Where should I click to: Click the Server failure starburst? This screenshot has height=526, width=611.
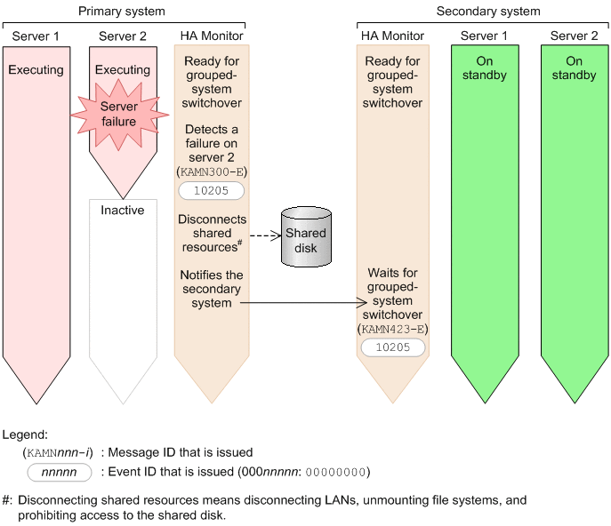point(118,114)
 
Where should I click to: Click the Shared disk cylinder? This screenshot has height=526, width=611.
point(305,239)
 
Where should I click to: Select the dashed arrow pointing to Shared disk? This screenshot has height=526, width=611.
point(263,236)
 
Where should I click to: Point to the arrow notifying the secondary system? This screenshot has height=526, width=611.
point(302,303)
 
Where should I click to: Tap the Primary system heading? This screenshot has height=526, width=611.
point(122,12)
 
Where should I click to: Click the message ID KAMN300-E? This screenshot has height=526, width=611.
point(211,171)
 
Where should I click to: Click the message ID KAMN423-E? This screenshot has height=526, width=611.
point(392,328)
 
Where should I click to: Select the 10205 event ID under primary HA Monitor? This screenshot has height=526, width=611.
point(211,191)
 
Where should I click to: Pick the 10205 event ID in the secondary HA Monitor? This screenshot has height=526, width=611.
point(392,347)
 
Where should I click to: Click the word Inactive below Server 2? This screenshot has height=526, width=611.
point(123,211)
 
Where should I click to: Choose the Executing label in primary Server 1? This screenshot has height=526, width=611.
point(36,69)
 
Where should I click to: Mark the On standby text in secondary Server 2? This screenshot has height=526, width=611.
point(574,68)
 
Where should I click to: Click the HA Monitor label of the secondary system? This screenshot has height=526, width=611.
point(392,36)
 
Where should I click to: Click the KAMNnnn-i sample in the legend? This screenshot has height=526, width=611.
point(60,452)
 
